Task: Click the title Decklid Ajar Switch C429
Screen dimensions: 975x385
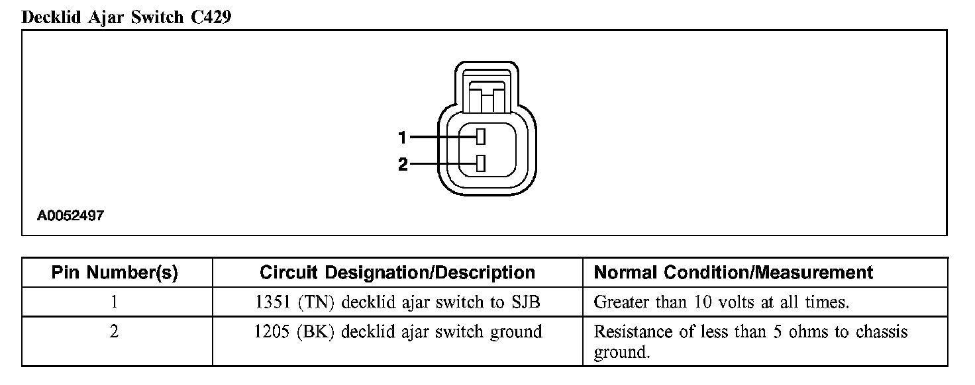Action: point(126,17)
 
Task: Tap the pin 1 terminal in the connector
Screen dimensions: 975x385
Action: point(482,137)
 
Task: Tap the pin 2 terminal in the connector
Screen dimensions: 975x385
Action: point(482,163)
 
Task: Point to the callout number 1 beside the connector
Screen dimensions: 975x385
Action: point(402,138)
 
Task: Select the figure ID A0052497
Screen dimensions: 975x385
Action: point(70,216)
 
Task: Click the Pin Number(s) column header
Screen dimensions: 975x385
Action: point(115,273)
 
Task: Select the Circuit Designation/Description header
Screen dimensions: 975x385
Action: point(397,273)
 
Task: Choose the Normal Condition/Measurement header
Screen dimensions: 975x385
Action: point(733,273)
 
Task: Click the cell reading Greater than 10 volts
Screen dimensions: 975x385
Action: point(721,303)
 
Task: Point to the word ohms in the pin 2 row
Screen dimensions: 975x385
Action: point(805,331)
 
